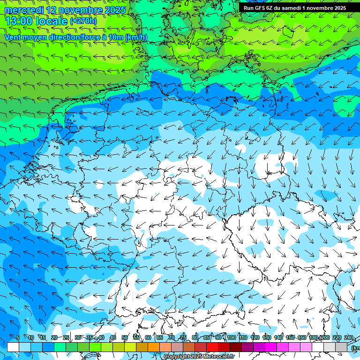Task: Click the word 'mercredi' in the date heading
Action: [x=24, y=10]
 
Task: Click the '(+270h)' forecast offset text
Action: [x=83, y=21]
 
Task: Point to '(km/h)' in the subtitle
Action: [x=136, y=37]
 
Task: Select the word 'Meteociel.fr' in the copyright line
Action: [x=219, y=357]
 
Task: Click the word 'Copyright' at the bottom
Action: [x=178, y=357]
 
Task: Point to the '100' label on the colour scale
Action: [x=232, y=338]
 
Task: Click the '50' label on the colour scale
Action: [x=125, y=338]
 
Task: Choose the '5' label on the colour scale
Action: [x=18, y=338]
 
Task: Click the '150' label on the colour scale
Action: [x=290, y=338]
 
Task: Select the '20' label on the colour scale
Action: [x=54, y=338]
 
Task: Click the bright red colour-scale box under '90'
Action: [x=212, y=347]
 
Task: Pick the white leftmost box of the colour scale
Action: [x=13, y=347]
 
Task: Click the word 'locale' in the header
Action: [x=51, y=21]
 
